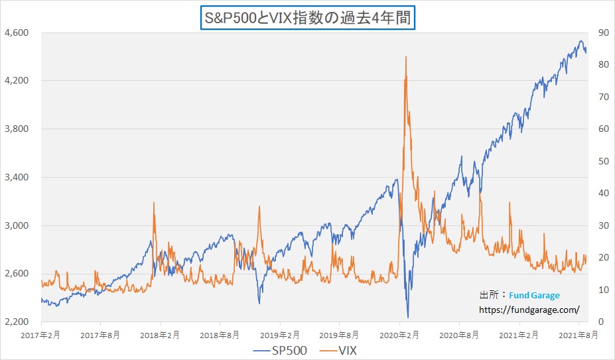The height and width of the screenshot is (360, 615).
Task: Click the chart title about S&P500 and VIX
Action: (x=307, y=17)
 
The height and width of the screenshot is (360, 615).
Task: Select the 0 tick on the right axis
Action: (x=600, y=322)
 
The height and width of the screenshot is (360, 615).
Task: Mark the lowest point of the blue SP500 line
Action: (x=408, y=318)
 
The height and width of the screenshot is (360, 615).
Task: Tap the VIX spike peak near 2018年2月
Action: (x=154, y=202)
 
